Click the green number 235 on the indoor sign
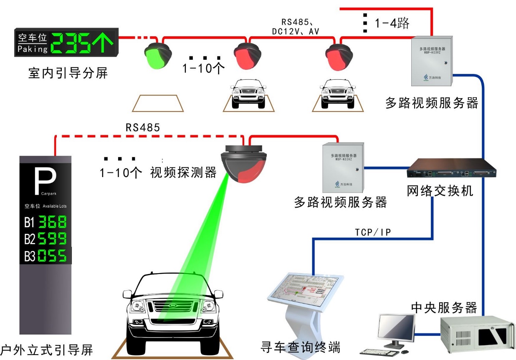tap(76, 42)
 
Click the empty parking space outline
tap(158, 103)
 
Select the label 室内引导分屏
tap(68, 74)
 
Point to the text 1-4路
tap(392, 23)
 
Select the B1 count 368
tap(52, 222)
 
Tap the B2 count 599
tap(52, 238)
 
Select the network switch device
tap(451, 170)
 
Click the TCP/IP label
tap(373, 232)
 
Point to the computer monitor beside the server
tap(396, 328)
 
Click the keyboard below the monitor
tap(384, 352)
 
